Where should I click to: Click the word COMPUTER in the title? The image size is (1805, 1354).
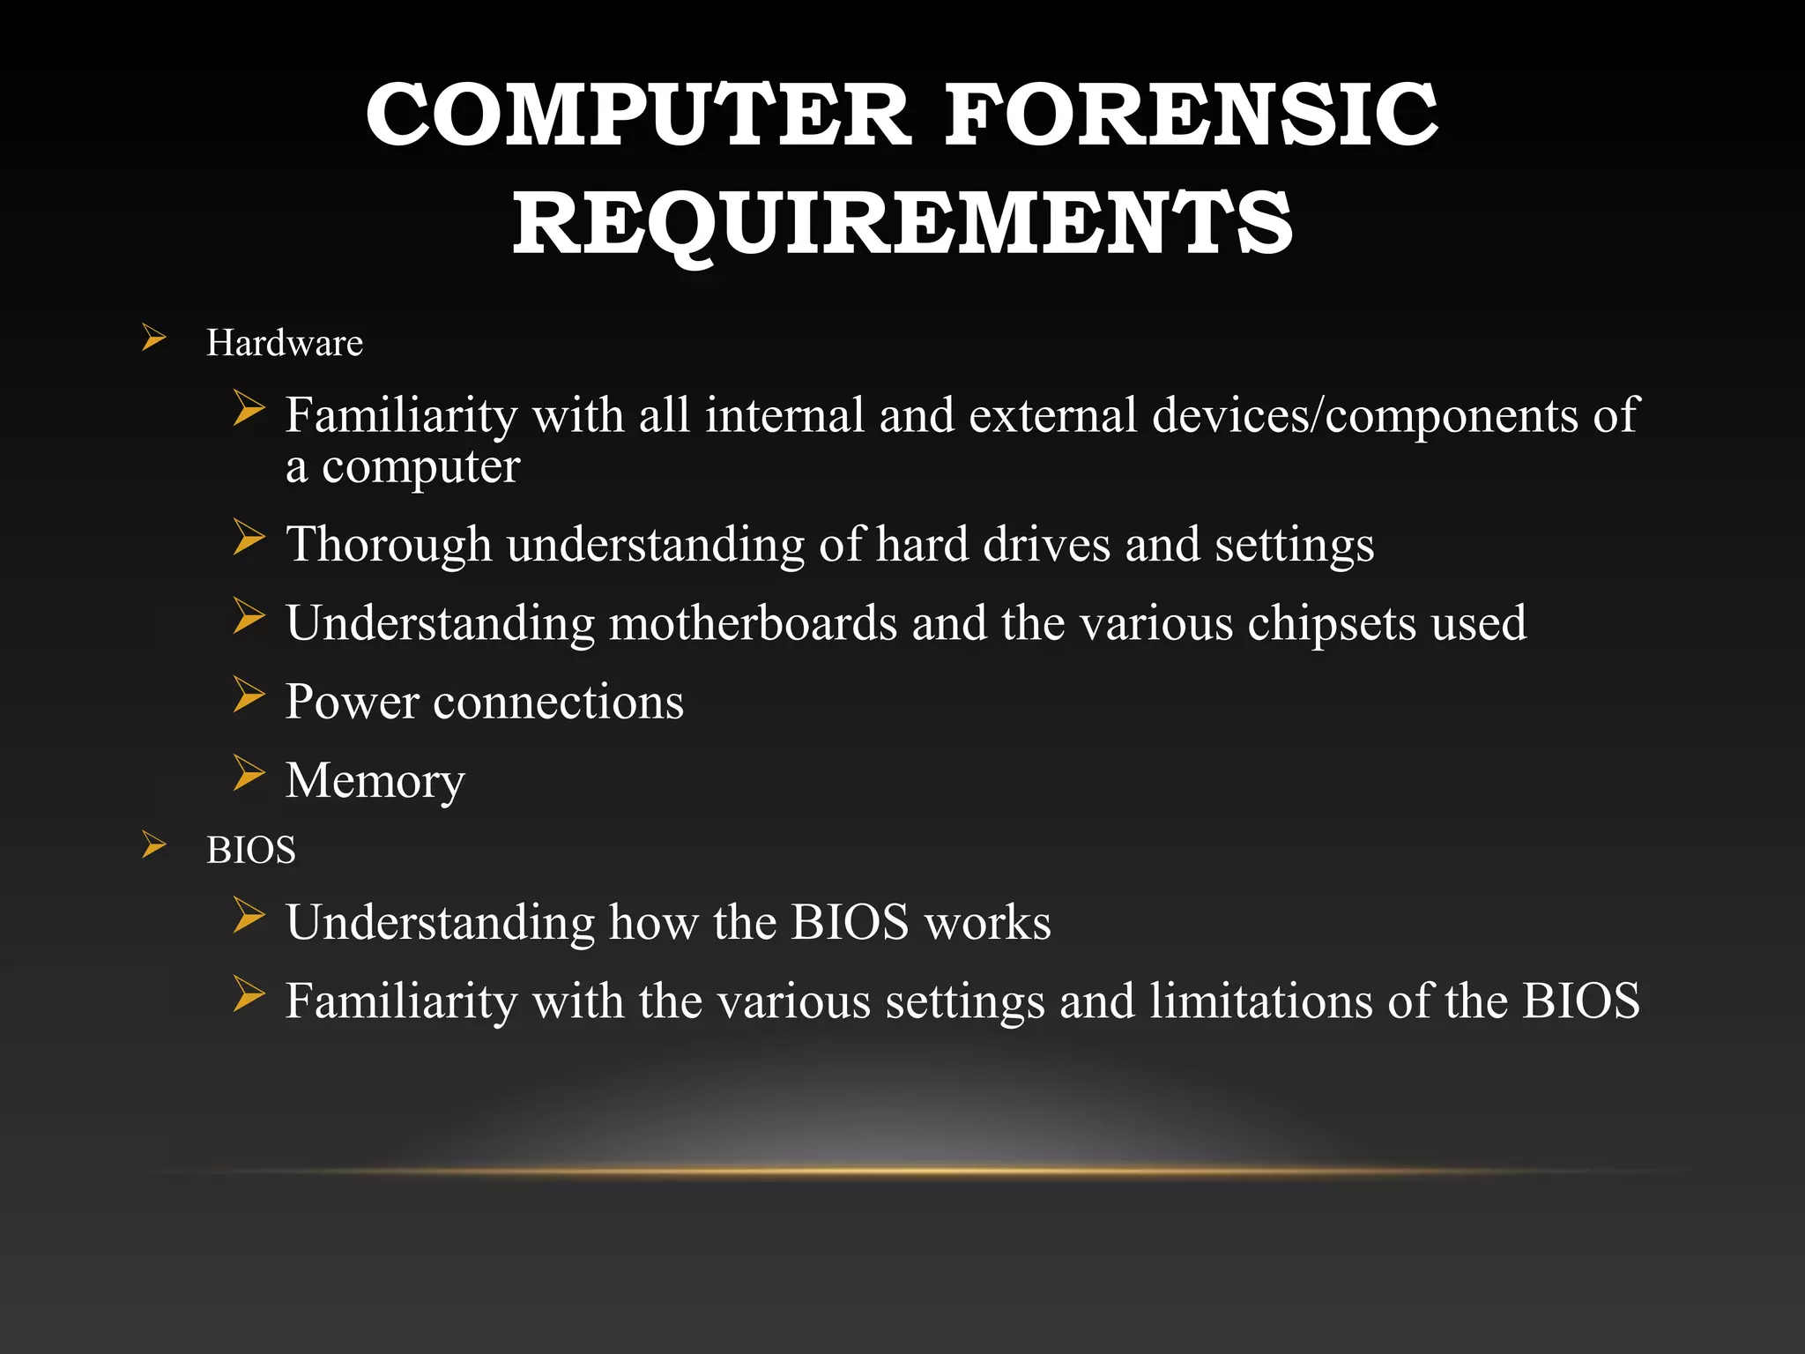pos(637,115)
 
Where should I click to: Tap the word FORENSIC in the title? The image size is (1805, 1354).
pos(1191,115)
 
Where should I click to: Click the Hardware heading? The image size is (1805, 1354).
pos(284,343)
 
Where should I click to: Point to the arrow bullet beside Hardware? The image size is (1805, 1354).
pos(154,338)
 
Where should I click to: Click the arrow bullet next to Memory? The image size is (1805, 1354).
pos(249,773)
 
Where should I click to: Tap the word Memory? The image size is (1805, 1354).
pos(375,781)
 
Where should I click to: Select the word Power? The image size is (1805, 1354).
pos(352,703)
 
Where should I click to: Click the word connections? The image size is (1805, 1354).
pos(558,703)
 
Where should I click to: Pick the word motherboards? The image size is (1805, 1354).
pos(753,623)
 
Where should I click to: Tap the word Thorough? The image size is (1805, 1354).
pos(388,545)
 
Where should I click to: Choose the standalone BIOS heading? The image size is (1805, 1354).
pos(250,851)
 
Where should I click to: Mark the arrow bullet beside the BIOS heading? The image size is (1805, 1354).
pos(154,845)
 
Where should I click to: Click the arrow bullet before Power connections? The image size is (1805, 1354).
pos(249,695)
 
